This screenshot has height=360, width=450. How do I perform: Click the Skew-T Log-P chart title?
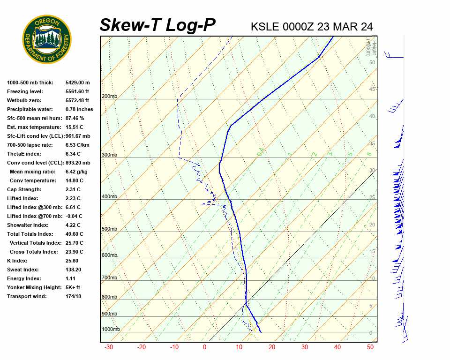(x=157, y=25)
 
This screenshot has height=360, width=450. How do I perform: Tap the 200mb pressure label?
(x=109, y=97)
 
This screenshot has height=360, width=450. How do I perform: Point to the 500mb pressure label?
(x=109, y=229)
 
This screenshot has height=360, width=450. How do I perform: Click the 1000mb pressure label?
(x=111, y=329)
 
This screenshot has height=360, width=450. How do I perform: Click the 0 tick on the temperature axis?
(x=204, y=347)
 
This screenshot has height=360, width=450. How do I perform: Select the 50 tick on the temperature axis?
(x=370, y=347)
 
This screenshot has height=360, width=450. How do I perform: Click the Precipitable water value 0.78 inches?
(x=79, y=109)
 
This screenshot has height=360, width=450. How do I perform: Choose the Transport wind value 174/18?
(x=74, y=296)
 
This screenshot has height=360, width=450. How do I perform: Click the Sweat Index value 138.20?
(x=74, y=270)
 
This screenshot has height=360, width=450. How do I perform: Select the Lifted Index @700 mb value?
(x=74, y=216)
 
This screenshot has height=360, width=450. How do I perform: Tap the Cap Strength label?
(x=24, y=189)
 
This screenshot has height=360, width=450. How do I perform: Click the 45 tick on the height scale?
(x=372, y=89)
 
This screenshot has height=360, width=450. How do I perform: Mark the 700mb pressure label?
(x=109, y=278)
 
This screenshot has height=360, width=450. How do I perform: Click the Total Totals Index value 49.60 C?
(x=75, y=234)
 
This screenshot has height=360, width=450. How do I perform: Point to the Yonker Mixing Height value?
(x=73, y=287)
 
